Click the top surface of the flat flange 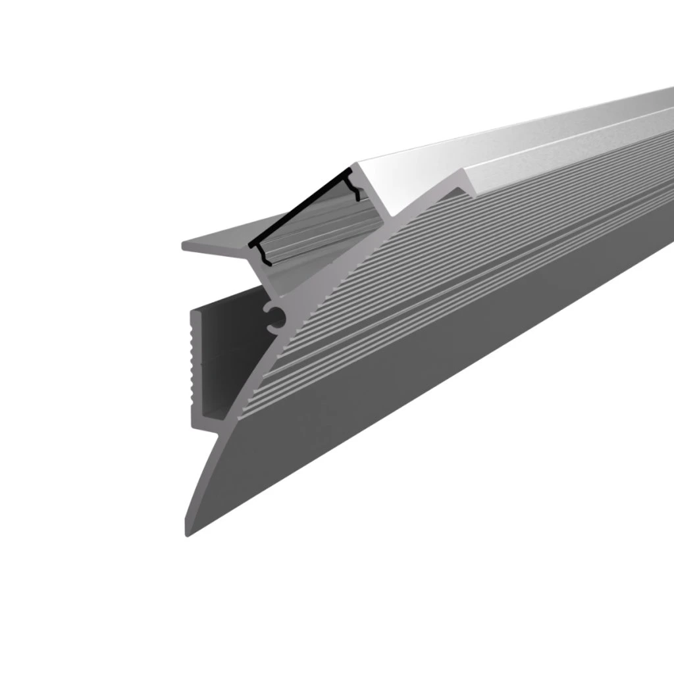tap(217, 242)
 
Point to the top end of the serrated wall tap(193, 313)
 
